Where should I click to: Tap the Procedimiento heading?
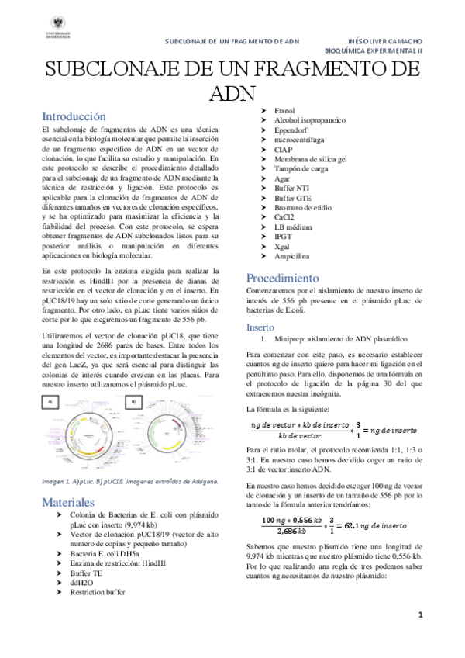pyautogui.click(x=282, y=278)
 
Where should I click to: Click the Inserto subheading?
pyautogui.click(x=260, y=327)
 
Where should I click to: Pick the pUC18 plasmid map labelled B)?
pyautogui.click(x=170, y=435)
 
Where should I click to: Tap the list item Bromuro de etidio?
pyautogui.click(x=304, y=208)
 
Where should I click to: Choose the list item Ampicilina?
pyautogui.click(x=293, y=255)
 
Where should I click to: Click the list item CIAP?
pyautogui.click(x=284, y=148)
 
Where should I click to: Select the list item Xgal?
pyautogui.click(x=284, y=244)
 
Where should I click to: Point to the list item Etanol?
pyautogui.click(x=285, y=111)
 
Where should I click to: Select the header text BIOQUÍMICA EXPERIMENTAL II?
pyautogui.click(x=377, y=48)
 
